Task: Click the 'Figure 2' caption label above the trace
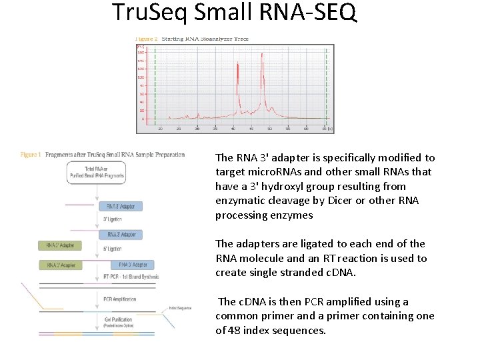[x=146, y=39]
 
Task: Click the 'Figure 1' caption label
[x=31, y=155]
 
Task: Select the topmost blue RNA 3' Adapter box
[x=121, y=207]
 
